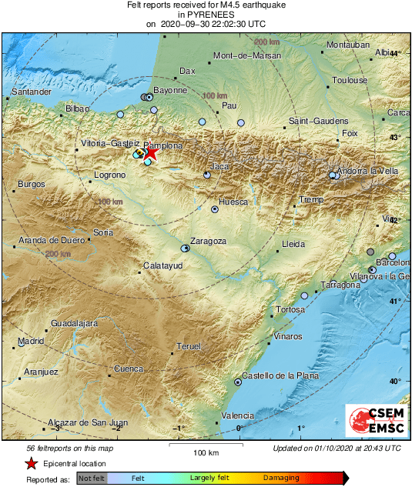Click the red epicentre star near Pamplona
tap(151, 152)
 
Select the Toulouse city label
tap(350, 80)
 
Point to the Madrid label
tap(31, 340)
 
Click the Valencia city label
tap(237, 416)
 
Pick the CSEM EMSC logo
tap(372, 421)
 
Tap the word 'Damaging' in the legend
tap(281, 478)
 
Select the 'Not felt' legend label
tap(91, 478)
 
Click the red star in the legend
tap(31, 463)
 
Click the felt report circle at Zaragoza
tap(185, 249)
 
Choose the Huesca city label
tap(233, 202)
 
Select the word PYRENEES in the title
tap(206, 14)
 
